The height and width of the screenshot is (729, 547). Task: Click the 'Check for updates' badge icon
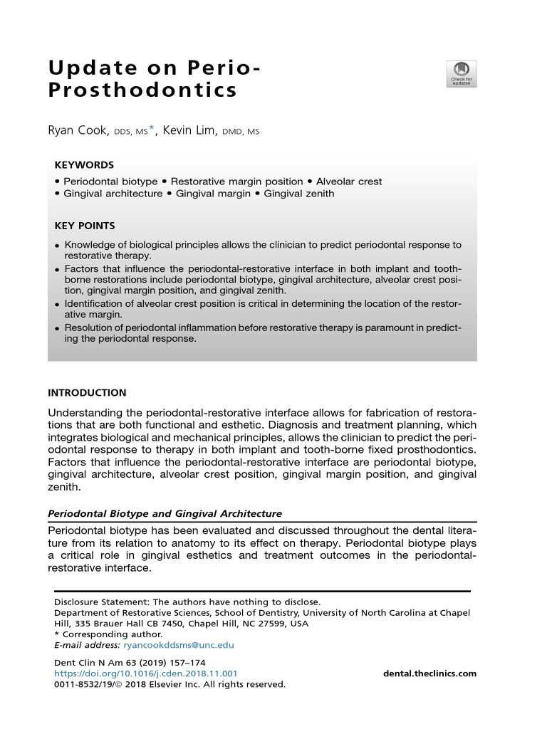tap(461, 74)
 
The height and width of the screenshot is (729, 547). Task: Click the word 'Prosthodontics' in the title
tap(142, 91)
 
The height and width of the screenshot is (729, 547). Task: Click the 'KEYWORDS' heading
tap(84, 164)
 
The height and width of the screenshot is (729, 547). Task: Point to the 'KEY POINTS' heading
tap(85, 226)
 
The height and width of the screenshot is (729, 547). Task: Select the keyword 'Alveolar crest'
tap(349, 182)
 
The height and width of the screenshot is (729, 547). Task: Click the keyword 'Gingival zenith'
tap(298, 194)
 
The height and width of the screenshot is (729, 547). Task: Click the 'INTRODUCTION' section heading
tap(87, 392)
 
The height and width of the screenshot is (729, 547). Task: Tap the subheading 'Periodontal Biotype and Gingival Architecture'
tap(165, 513)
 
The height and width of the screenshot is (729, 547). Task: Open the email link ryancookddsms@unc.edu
tap(178, 645)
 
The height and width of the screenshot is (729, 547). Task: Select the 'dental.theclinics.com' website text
tap(429, 673)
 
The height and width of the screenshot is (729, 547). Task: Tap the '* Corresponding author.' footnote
tap(108, 634)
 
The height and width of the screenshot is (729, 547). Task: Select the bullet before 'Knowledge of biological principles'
tap(57, 246)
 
